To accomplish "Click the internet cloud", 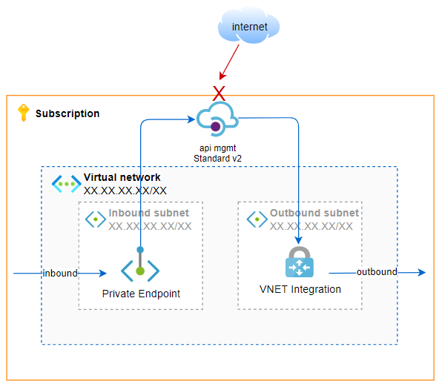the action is (248, 26).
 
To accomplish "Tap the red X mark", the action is (219, 93).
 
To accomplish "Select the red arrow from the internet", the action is (229, 62).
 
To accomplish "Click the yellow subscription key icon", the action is (24, 113).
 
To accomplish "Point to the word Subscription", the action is (67, 113).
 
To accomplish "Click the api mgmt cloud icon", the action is (217, 119).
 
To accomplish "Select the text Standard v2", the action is (217, 159).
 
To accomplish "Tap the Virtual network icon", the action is (66, 184).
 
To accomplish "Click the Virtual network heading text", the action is (122, 177).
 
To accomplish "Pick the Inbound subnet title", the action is (148, 213).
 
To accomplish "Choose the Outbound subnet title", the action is (314, 213).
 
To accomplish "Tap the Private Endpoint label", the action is (141, 294).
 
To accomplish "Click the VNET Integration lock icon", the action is (300, 262).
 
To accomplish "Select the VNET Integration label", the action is (300, 289).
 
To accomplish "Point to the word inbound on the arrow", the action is (60, 273).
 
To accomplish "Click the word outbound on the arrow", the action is (377, 271).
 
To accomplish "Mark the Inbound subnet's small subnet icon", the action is (96, 219).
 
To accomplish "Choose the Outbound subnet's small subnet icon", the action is (257, 219).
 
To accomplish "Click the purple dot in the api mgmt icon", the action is (215, 127).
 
